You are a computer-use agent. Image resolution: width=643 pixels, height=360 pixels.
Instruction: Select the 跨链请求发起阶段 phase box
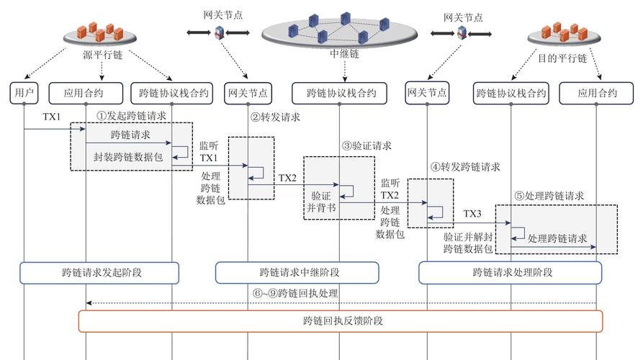pyautogui.click(x=99, y=273)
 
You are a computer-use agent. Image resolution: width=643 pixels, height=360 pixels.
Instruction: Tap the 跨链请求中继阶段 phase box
pyautogui.click(x=297, y=273)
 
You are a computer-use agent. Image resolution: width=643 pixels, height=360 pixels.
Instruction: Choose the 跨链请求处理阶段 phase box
pyautogui.click(x=512, y=273)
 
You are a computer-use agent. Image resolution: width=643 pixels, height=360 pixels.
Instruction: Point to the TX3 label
pyautogui.click(x=472, y=214)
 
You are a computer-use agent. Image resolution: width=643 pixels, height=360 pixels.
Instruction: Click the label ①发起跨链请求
pyautogui.click(x=132, y=114)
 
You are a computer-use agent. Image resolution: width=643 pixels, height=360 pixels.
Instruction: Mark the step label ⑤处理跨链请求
pyautogui.click(x=549, y=195)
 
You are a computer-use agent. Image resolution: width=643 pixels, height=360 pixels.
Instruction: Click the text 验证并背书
pyautogui.click(x=320, y=201)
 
